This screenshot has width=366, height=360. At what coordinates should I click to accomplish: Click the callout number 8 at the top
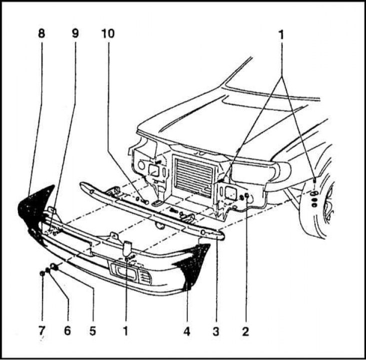[x=41, y=34]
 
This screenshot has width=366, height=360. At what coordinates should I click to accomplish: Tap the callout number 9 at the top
[x=75, y=34]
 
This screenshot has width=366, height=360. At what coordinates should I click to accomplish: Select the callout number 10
[x=107, y=34]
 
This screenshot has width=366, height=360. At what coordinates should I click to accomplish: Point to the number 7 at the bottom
[x=42, y=331]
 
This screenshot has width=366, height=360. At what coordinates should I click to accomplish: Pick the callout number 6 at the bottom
[x=67, y=331]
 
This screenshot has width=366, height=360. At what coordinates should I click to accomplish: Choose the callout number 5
[x=93, y=331]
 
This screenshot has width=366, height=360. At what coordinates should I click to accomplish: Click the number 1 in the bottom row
[x=125, y=331]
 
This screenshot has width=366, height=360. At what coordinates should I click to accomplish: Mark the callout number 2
[x=245, y=331]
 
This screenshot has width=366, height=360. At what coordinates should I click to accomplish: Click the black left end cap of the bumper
[x=35, y=210]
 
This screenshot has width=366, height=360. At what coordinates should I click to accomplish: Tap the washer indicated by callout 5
[x=55, y=269]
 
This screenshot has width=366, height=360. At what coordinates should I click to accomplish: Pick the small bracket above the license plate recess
[x=126, y=247]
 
